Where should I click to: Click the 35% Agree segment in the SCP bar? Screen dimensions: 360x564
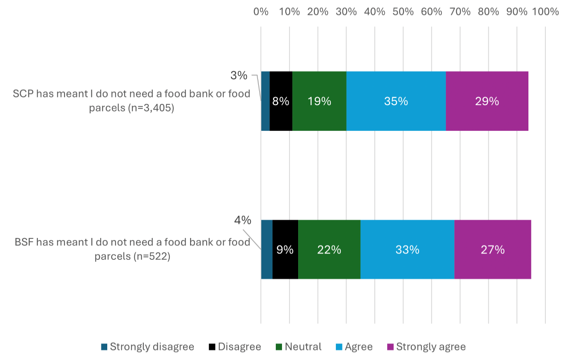[x=396, y=101]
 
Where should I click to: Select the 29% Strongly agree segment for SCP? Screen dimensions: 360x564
[x=487, y=101]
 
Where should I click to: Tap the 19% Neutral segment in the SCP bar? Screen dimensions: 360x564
[x=319, y=101]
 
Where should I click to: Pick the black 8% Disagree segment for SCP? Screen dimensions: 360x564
[x=281, y=101]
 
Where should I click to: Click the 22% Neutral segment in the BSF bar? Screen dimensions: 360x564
[x=329, y=250]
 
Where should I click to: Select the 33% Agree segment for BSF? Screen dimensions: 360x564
[x=407, y=250]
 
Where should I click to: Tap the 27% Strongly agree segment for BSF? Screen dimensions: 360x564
[x=493, y=250]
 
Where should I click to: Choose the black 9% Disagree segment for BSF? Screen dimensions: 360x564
[x=285, y=250]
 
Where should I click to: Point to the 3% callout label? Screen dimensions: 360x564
[x=239, y=76]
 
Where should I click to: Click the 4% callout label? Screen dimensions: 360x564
[x=243, y=221]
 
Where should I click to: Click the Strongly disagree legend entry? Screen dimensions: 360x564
[x=147, y=347]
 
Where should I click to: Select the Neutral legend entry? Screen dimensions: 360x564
[x=299, y=347]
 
